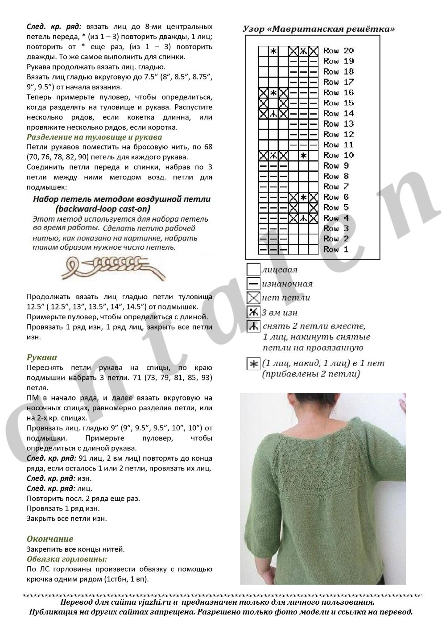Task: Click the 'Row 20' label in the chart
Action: [x=339, y=51]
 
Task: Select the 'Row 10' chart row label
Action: [x=339, y=155]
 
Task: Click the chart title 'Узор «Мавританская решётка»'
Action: [x=318, y=29]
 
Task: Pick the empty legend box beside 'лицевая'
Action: [x=253, y=270]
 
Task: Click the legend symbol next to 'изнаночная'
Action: [x=253, y=284]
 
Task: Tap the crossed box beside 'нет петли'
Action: [x=253, y=297]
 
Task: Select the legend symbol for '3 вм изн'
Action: [x=253, y=312]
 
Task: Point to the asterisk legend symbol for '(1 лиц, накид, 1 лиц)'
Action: [x=253, y=364]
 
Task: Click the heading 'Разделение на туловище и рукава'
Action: [x=94, y=137]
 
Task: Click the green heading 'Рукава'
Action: [x=42, y=357]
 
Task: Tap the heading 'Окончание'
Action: [x=50, y=539]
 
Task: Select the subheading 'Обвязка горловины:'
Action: [x=67, y=559]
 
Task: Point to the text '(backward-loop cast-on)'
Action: [x=103, y=209]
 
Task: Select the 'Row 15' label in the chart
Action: [x=339, y=103]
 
